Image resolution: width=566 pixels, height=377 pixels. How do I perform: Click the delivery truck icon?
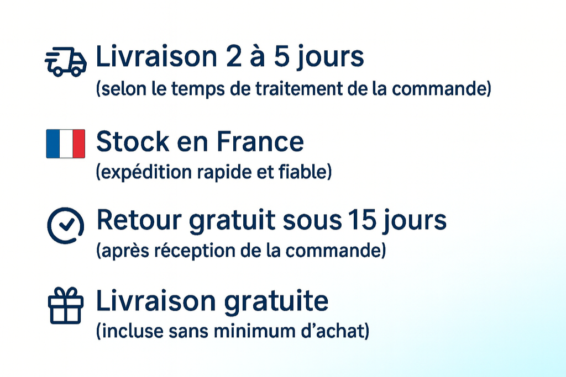point(66,62)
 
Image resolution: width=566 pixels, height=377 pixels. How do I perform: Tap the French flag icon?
point(66,144)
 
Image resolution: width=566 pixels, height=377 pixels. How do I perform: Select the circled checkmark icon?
point(66,225)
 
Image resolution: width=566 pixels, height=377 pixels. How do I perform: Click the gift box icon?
point(66,305)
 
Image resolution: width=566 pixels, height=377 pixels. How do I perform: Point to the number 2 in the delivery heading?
point(234,57)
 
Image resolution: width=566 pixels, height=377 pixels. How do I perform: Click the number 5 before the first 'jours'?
point(282,57)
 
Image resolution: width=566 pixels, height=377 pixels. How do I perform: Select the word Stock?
point(133,141)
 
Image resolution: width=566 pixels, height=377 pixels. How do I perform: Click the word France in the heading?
point(260,141)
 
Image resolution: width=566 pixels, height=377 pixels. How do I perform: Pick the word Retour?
point(139,220)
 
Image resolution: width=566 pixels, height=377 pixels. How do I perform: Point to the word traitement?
point(299,89)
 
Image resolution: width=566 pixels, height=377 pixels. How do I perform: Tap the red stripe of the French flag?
point(78,144)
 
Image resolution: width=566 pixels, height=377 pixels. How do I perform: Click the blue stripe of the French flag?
point(53,144)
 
